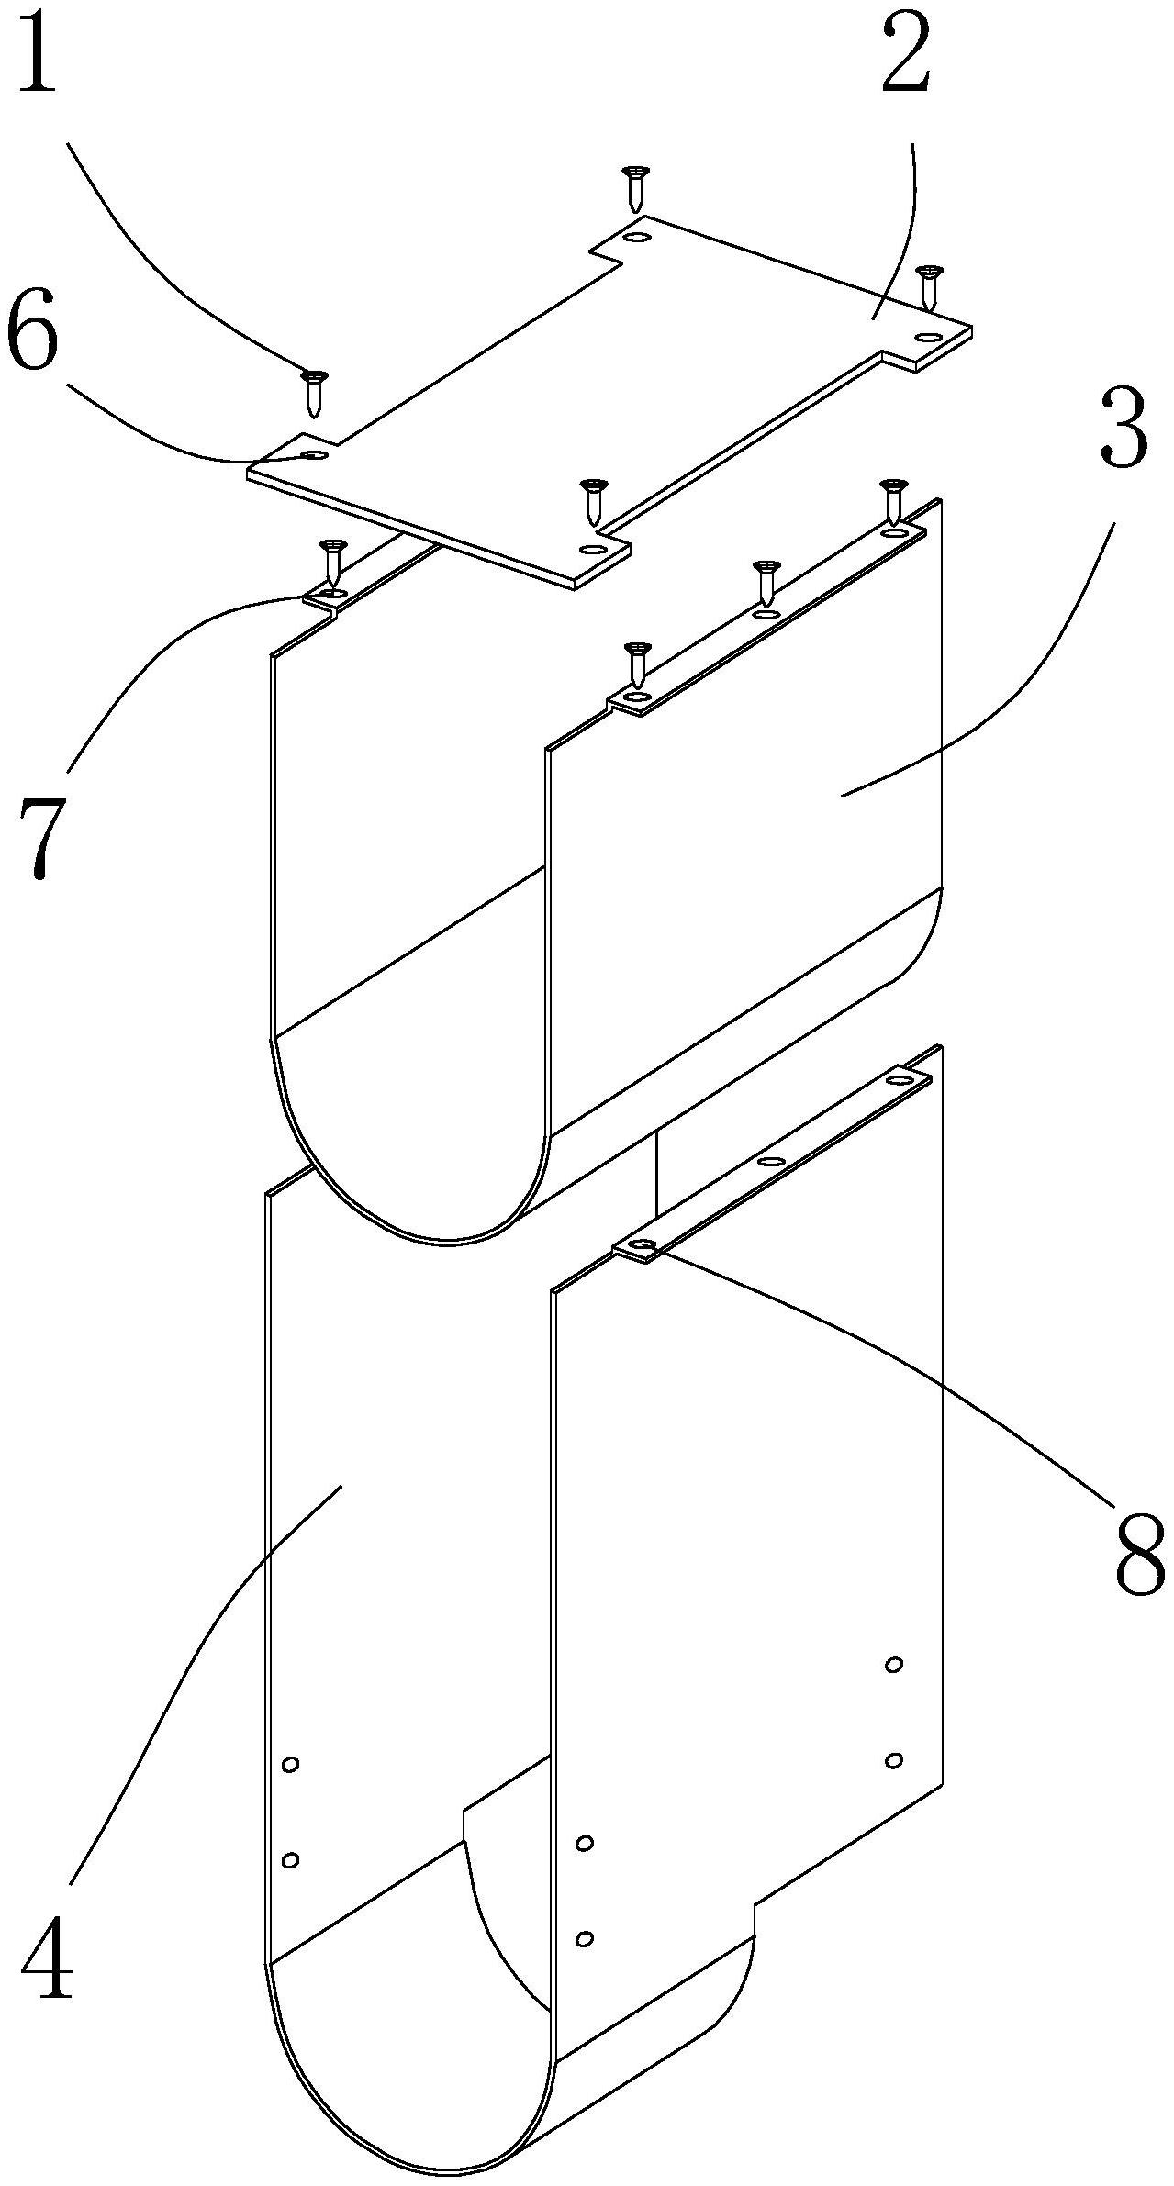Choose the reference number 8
(1137, 1550)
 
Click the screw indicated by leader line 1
(315, 392)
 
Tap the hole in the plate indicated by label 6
(315, 456)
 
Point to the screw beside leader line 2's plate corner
(930, 286)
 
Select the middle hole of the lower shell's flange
(773, 1162)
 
